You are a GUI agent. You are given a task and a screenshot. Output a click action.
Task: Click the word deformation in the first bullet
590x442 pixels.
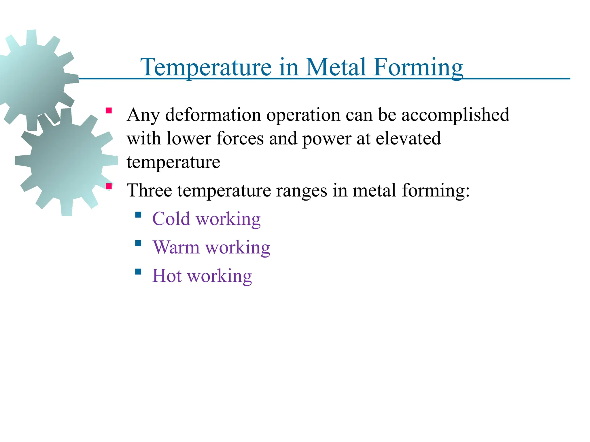click(213, 115)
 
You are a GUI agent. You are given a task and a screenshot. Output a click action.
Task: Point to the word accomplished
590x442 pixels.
click(455, 115)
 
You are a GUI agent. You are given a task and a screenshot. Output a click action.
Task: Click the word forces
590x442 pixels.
click(240, 138)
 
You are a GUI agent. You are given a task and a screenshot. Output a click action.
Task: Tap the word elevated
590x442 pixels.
click(408, 138)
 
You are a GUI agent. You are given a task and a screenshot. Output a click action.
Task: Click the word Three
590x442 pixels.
click(150, 190)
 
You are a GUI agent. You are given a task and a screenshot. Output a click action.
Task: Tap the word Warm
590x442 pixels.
click(176, 247)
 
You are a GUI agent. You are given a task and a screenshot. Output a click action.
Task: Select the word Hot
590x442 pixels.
click(167, 276)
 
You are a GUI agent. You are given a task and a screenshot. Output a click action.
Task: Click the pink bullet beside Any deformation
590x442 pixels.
click(109, 111)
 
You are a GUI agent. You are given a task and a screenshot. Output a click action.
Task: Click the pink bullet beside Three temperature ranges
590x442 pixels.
click(109, 186)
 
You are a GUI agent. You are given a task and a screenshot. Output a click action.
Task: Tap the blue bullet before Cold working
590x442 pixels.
click(138, 215)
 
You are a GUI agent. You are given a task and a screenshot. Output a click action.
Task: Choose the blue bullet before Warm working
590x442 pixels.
click(138, 243)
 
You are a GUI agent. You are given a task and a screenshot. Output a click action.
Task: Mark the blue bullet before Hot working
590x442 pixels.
click(138, 272)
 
